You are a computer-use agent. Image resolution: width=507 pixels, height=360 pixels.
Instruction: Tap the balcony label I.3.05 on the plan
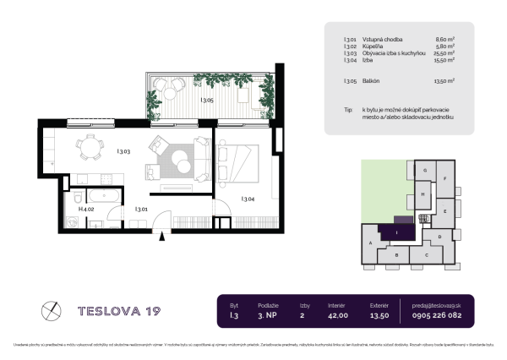click(x=206, y=101)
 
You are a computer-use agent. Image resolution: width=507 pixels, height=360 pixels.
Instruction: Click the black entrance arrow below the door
click(x=159, y=238)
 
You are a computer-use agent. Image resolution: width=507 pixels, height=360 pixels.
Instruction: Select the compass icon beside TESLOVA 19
click(x=51, y=309)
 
